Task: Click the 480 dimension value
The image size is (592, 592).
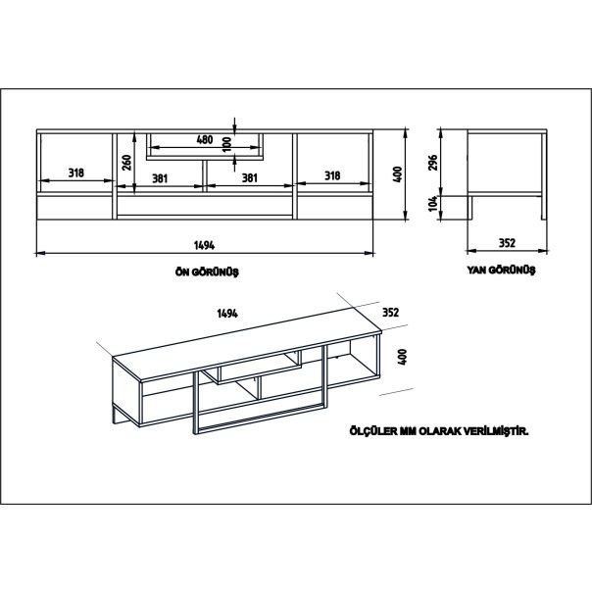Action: tap(205, 139)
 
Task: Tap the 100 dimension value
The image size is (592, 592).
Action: tap(226, 143)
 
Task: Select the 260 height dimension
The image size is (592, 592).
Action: tap(127, 162)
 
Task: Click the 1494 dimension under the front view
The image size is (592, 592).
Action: tap(206, 244)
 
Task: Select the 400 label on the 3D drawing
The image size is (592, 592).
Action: tap(402, 358)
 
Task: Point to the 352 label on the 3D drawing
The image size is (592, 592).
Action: tap(390, 313)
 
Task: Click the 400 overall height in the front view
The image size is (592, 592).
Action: tap(398, 173)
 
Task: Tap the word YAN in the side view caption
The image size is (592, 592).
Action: tap(479, 271)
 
